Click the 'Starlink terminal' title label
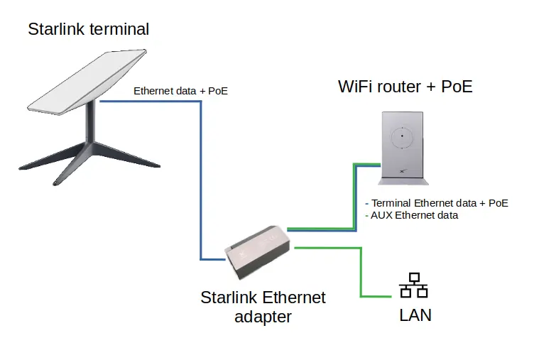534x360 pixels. (x=89, y=29)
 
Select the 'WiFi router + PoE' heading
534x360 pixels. (x=405, y=87)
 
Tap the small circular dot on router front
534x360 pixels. (x=402, y=135)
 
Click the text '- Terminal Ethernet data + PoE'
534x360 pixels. (x=435, y=202)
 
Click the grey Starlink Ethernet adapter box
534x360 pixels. (x=257, y=251)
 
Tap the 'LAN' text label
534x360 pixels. (x=415, y=314)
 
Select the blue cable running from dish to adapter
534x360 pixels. (x=201, y=178)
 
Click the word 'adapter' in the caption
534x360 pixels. (x=263, y=316)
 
